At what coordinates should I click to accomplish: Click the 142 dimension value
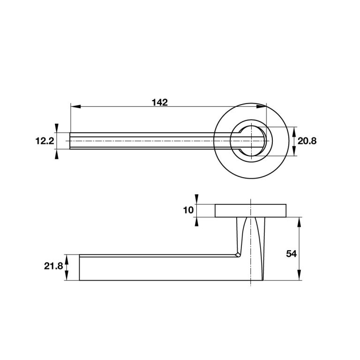pos(159,103)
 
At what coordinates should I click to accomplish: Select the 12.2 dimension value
pos(45,141)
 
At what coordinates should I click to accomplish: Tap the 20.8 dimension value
pos(307,141)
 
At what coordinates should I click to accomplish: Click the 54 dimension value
pos(292,254)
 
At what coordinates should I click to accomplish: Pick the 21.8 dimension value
pos(53,266)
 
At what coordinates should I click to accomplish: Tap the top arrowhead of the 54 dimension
pos(300,221)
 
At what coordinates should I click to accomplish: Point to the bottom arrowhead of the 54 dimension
pos(300,277)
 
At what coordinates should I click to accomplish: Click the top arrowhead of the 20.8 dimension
pos(294,131)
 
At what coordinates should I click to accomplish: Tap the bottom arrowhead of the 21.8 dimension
pos(67,277)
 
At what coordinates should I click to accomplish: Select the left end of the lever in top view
pos(71,141)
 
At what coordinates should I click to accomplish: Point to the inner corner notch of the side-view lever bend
pos(238,254)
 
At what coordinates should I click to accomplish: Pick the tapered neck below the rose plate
pos(252,234)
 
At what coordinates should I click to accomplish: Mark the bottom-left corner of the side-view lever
pos(80,280)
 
